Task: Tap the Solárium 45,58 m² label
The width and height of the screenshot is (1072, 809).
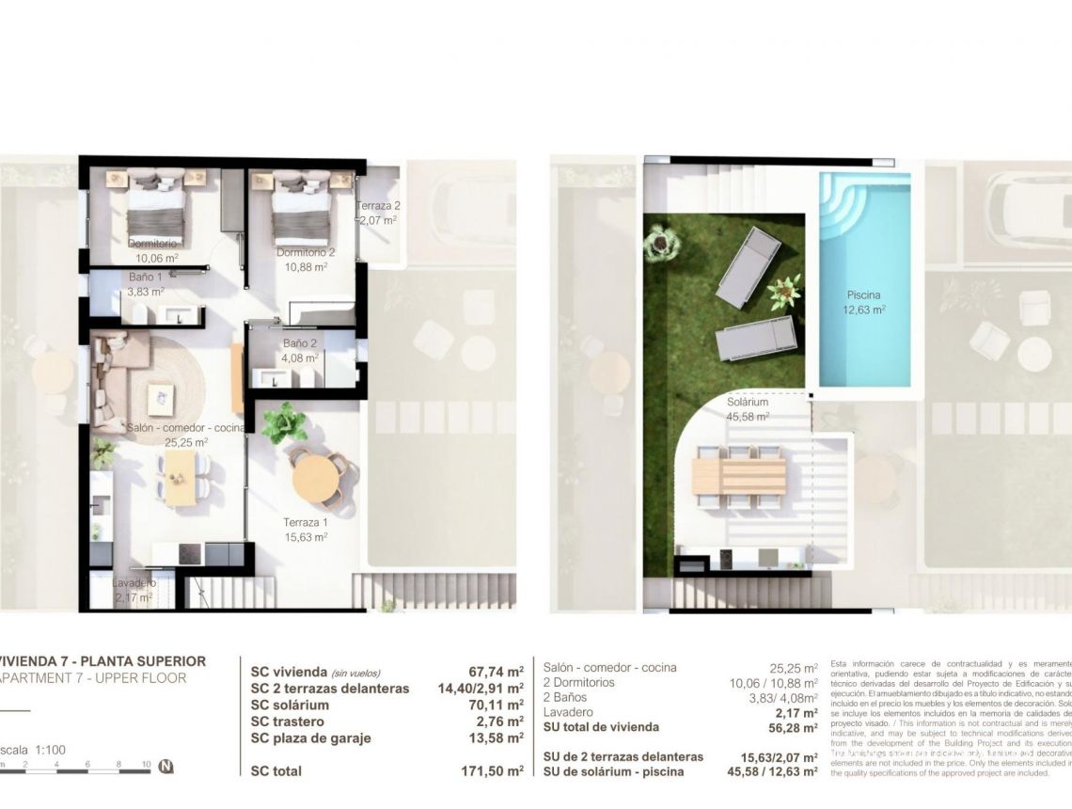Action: [x=748, y=409]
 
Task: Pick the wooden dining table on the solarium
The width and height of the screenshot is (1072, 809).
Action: [x=738, y=474]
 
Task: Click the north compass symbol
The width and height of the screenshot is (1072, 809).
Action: [x=166, y=767]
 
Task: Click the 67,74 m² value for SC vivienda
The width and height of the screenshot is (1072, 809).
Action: [x=496, y=673]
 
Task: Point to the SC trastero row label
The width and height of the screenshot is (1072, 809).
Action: [x=288, y=722]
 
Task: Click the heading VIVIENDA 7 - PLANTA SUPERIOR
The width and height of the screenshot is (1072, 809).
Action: [x=102, y=661]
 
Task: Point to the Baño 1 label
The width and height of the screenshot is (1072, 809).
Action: [x=146, y=278]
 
